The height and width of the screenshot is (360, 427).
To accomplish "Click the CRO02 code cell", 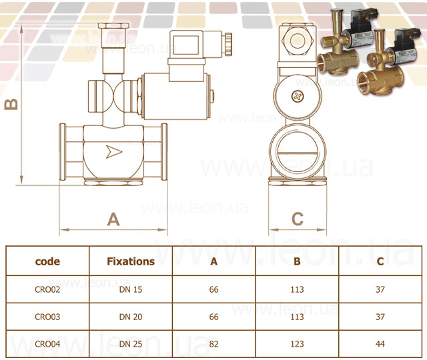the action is click(x=47, y=289).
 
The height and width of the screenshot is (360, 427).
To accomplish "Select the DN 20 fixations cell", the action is click(x=131, y=317).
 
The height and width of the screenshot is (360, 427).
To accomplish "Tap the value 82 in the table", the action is click(x=213, y=344).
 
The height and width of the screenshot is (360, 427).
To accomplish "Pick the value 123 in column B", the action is click(x=297, y=344).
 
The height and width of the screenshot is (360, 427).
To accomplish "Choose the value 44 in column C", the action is click(x=380, y=344).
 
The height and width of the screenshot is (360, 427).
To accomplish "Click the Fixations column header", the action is click(x=131, y=261).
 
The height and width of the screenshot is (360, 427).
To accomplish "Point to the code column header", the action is click(x=47, y=261).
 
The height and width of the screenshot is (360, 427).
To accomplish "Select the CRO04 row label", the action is click(x=47, y=344).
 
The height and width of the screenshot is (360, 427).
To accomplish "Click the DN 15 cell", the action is click(x=131, y=289).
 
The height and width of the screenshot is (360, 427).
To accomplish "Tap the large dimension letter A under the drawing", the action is click(x=113, y=219).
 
